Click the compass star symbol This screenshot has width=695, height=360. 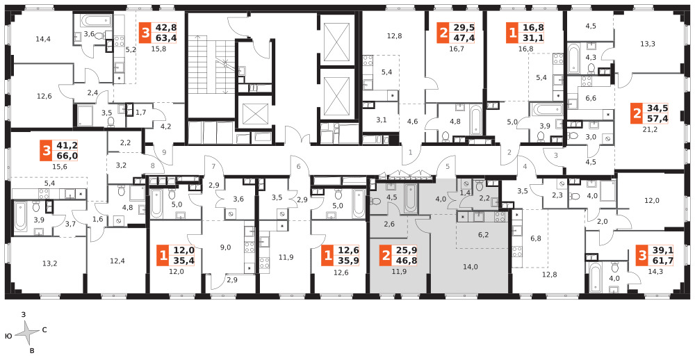coord(30,332)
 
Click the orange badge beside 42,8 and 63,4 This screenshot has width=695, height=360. coord(145,33)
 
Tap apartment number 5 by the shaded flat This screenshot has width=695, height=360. coord(448,167)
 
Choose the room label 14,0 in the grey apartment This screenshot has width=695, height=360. coord(470,267)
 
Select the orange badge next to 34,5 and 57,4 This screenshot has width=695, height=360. coord(637,114)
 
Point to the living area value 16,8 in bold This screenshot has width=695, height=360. coord(533,28)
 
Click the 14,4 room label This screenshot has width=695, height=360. coord(43,39)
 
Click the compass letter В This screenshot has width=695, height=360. coord(31,351)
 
